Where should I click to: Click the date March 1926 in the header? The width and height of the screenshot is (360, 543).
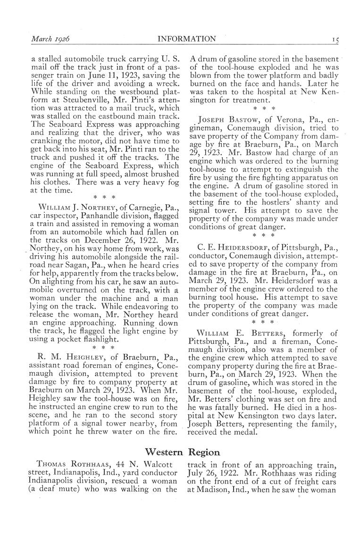pyautogui.click(x=50, y=39)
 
